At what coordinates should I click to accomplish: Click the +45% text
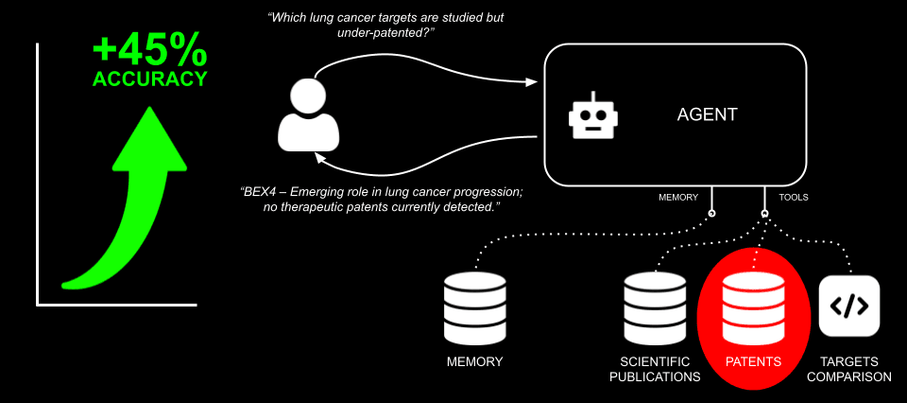[x=149, y=49]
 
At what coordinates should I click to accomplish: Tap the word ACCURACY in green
[x=149, y=79]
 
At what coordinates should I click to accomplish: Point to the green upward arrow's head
[x=149, y=136]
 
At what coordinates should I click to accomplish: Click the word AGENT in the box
[x=707, y=114]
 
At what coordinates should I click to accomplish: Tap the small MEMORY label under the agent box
[x=678, y=198]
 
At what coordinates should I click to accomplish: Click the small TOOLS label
[x=793, y=198]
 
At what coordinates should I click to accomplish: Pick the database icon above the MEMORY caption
[x=474, y=307]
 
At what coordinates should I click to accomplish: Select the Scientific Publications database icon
[x=653, y=307]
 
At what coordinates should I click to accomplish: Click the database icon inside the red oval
[x=752, y=307]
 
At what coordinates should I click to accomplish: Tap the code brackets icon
[x=848, y=306]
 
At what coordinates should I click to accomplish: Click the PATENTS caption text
[x=753, y=362]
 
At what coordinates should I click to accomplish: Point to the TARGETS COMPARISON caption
[x=848, y=370]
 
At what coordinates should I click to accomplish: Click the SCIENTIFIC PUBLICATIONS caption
[x=659, y=370]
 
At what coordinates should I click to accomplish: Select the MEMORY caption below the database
[x=474, y=362]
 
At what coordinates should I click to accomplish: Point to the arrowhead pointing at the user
[x=321, y=157]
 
